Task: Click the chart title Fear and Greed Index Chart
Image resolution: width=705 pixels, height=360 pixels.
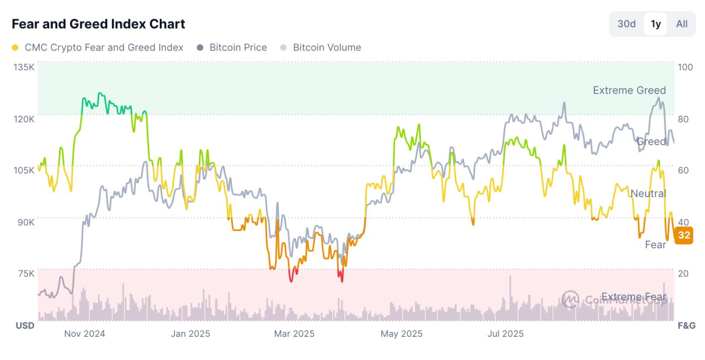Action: (99, 24)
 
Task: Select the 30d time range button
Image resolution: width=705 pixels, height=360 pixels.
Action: (626, 24)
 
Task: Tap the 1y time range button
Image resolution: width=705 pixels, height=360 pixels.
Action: (655, 24)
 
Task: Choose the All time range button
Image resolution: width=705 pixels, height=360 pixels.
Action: (682, 24)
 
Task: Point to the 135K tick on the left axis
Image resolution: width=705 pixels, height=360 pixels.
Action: (24, 67)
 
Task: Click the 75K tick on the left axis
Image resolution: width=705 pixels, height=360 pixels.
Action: (25, 274)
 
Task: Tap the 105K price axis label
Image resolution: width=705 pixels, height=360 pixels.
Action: (24, 170)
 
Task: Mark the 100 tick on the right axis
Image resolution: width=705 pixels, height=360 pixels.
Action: (685, 67)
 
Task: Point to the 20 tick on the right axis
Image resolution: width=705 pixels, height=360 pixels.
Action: (683, 274)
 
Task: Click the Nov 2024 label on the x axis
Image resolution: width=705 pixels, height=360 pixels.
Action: (85, 334)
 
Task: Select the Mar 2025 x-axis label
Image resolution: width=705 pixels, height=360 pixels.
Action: (295, 334)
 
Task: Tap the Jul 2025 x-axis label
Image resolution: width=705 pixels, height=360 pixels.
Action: (506, 334)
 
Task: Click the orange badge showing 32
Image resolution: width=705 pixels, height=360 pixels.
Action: (684, 236)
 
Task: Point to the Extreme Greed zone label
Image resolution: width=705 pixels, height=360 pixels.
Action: (629, 90)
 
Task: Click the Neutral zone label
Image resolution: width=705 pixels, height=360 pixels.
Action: (648, 193)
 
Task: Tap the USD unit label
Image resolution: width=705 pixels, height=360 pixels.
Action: (25, 325)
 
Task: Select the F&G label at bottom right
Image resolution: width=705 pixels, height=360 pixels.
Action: (686, 325)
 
